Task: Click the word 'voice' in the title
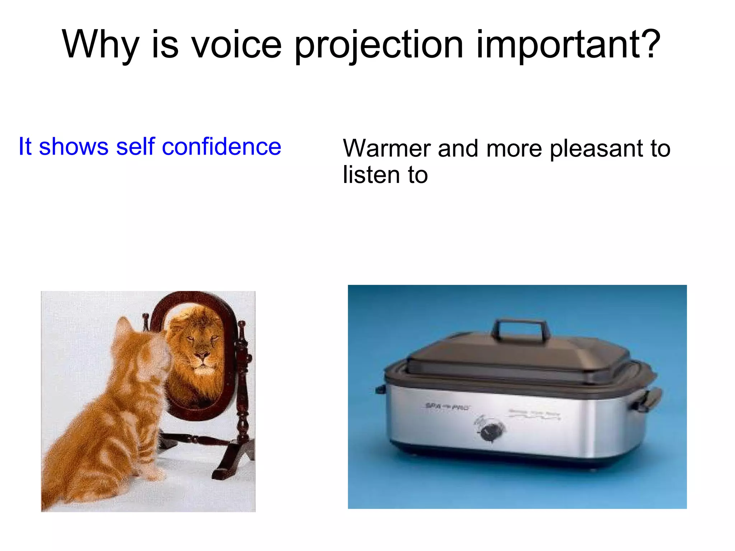click(236, 44)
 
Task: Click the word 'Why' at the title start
click(100, 44)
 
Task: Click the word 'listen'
click(371, 175)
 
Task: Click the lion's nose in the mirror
click(202, 356)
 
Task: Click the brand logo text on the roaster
click(447, 407)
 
